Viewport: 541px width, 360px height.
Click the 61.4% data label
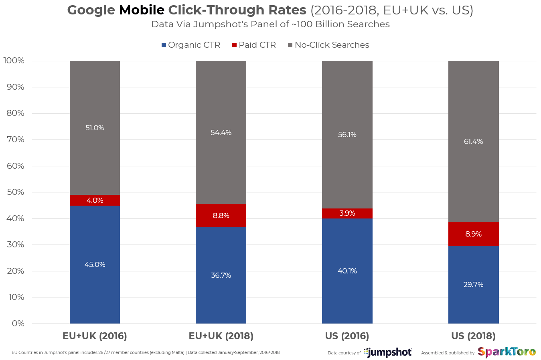473,142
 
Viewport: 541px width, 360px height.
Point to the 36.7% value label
221,275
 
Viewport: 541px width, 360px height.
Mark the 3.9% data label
347,213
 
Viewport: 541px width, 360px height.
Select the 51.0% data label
95,128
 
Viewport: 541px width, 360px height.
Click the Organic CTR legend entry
191,45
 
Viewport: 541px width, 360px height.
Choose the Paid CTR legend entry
254,45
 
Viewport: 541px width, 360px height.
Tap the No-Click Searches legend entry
328,45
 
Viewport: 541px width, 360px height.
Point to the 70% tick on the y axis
16,140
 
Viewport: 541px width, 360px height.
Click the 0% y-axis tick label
18,324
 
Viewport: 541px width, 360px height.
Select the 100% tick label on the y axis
14,61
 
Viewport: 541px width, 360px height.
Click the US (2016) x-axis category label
347,336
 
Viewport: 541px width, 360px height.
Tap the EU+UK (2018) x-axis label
221,336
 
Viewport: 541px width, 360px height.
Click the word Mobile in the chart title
142,10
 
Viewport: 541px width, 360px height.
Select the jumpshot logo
388,352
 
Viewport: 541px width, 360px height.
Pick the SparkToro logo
507,352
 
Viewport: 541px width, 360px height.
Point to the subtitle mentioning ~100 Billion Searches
270,24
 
